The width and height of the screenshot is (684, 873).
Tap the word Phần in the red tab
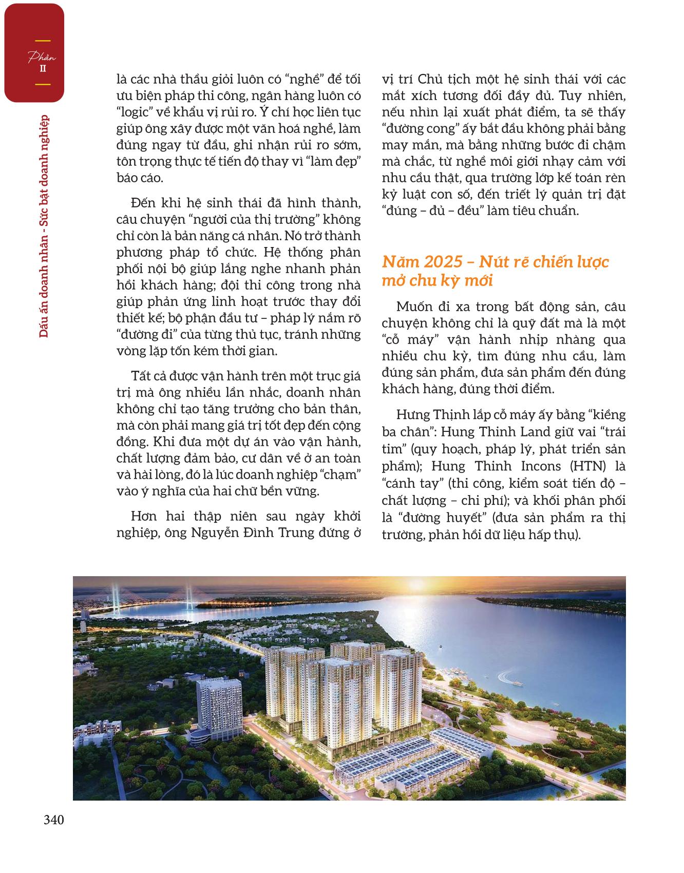tap(42, 58)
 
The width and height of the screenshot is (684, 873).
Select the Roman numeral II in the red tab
tap(43, 69)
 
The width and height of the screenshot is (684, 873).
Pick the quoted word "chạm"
tap(339, 475)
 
